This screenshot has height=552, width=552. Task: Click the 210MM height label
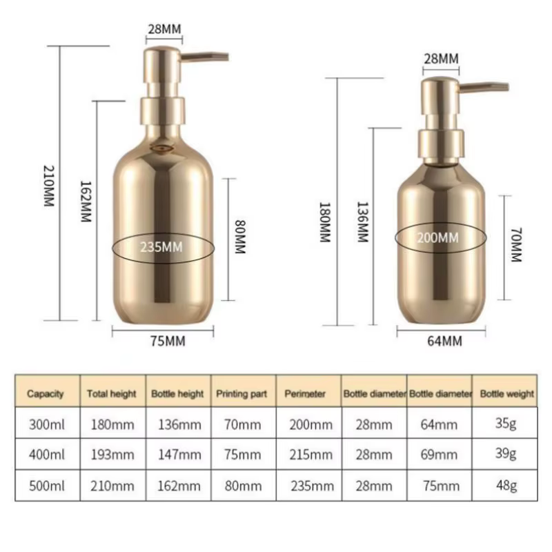point(48,186)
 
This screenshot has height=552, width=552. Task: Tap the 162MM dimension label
point(86,201)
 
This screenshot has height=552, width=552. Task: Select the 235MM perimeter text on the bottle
point(161,247)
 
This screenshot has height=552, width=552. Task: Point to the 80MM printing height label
point(240,237)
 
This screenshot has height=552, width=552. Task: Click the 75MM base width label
point(168,341)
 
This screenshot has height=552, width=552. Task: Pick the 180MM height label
point(324,222)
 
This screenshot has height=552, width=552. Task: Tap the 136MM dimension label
point(363,222)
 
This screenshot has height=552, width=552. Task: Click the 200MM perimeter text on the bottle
point(438,238)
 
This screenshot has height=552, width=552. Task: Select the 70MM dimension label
point(516,245)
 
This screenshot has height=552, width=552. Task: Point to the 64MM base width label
point(444,341)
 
